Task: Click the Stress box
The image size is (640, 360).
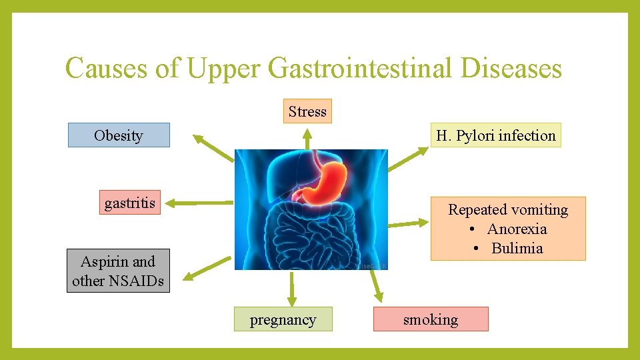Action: [x=307, y=111]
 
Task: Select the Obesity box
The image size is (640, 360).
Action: [x=119, y=135]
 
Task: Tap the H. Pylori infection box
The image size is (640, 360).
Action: [x=495, y=135]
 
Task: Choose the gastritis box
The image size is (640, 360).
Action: [x=130, y=203]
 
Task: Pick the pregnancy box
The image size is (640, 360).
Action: [x=283, y=319]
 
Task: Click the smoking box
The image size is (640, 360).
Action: [x=431, y=319]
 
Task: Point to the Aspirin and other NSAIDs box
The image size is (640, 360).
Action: [x=118, y=271]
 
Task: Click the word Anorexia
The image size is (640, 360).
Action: [x=517, y=229]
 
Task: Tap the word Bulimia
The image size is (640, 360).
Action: [x=517, y=248]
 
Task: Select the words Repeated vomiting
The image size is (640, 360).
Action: [x=508, y=209]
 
